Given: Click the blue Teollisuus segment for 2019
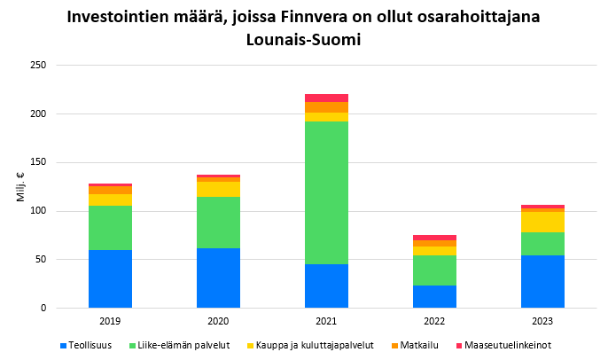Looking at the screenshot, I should coord(110,278).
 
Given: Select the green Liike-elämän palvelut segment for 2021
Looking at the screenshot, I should coord(326,192).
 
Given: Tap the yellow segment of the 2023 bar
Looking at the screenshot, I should coord(542,222).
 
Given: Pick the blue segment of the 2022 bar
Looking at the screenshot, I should coord(434,296).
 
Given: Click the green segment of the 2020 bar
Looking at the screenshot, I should coord(218,222).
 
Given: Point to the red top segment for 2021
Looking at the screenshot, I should coord(326,98).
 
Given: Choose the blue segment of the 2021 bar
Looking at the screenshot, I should coord(326,286).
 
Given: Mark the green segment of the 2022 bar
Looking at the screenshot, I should coord(434,270).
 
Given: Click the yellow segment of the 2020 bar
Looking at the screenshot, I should coord(218,189).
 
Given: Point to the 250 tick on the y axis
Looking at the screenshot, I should coord(39,66).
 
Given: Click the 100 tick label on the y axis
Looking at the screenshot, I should coord(39,211).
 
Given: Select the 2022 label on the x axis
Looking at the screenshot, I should coord(434,320).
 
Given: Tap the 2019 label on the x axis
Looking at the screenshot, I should coord(110,320).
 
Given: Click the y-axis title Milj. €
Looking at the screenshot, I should coord(20,187).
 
